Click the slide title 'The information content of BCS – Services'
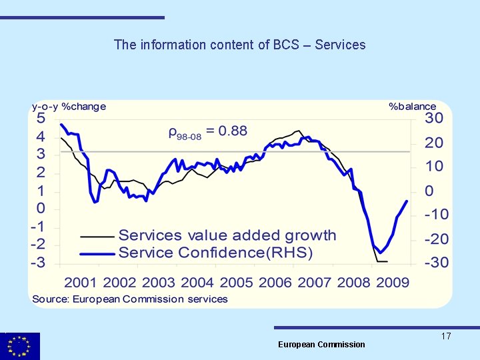point(239,45)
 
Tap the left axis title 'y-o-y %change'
point(69,106)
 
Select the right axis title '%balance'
point(412,106)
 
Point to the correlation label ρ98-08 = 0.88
point(207,131)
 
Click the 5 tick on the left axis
point(41,118)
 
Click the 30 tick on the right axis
point(434,118)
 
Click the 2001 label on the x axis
point(81,282)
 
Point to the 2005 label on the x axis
point(237,282)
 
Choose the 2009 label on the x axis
point(393,282)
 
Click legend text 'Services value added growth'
point(227,235)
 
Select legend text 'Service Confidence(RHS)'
point(215,253)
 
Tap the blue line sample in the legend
point(97,253)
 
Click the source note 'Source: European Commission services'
point(130,299)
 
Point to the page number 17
point(446,336)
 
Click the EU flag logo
point(20,346)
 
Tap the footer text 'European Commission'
point(321,344)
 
